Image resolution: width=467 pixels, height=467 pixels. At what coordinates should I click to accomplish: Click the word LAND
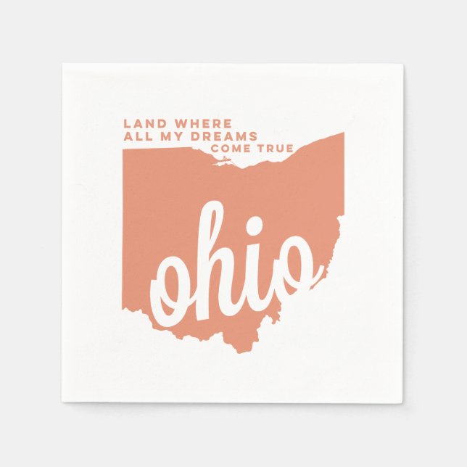point(141,124)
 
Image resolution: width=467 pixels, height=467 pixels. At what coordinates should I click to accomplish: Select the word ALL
point(136,136)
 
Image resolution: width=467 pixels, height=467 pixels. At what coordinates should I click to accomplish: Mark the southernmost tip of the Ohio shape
point(240,351)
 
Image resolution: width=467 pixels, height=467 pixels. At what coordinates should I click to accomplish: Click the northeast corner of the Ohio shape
point(342,134)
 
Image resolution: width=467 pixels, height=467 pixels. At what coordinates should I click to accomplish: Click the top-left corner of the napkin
point(63,65)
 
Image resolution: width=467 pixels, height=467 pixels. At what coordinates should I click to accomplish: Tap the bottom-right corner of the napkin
point(404,402)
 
